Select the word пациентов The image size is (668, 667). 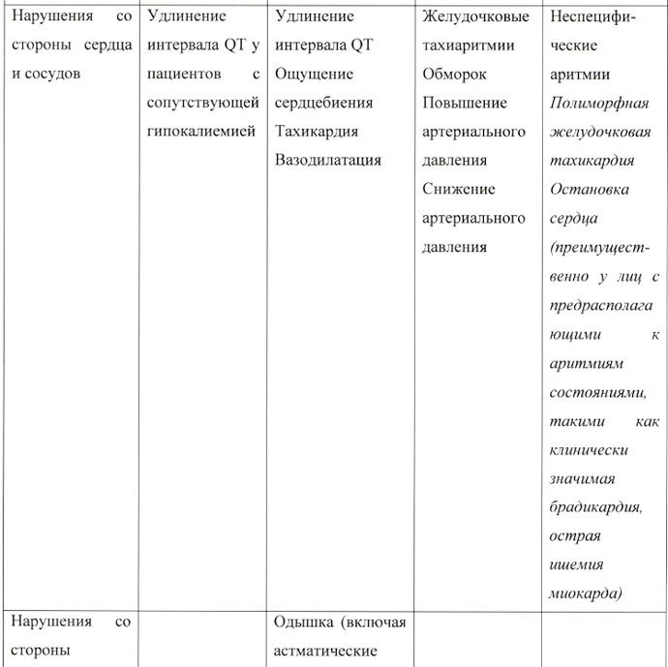184,74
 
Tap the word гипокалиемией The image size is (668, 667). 201,131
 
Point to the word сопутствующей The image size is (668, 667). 202,103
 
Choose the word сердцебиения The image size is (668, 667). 324,103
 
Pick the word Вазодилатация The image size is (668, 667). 328,160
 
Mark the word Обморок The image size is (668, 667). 454,74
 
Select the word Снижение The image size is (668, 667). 459,189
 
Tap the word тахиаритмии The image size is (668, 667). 469,45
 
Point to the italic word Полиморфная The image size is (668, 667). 599,103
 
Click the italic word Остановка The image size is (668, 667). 589,189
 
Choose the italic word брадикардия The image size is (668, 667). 607,507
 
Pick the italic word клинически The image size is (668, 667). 589,450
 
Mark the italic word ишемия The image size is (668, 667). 576,565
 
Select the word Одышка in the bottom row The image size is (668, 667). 301,622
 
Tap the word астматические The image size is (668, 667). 326,651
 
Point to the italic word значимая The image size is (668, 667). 582,478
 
